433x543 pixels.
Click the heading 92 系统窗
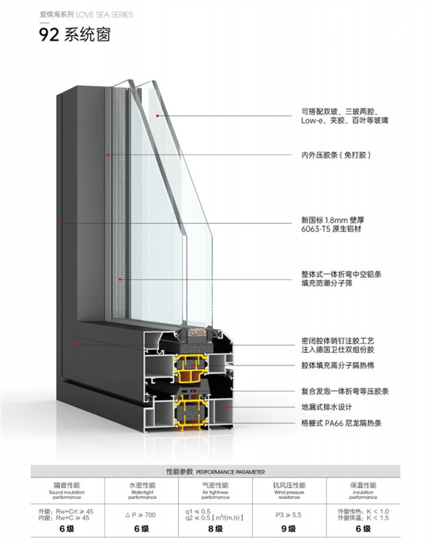pos(75,35)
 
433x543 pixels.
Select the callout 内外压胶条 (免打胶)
pos(336,155)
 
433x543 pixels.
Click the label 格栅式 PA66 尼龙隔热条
pos(341,423)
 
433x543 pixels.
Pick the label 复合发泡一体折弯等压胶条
pos(345,391)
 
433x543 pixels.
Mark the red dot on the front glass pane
pos(158,115)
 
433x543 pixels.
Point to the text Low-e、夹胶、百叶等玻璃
pos(344,121)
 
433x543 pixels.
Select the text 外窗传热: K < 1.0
pos(363,511)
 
